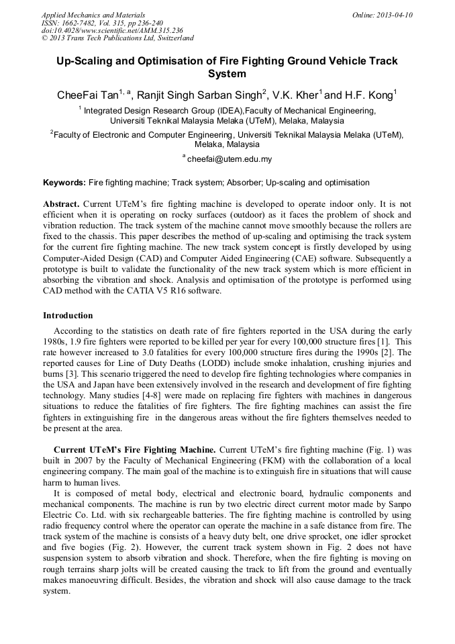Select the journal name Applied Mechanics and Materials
coord(93,15)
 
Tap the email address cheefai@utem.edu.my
coord(229,159)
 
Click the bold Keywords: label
coord(64,183)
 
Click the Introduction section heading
coord(68,315)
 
